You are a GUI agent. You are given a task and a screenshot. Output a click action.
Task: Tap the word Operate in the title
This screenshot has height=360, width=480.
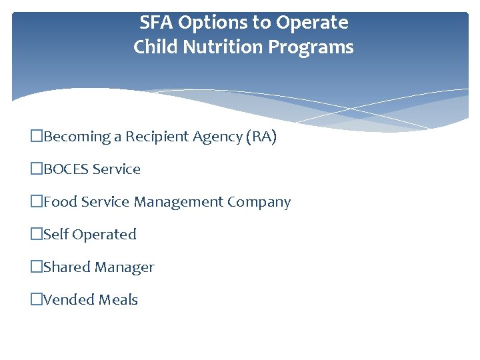coord(312,23)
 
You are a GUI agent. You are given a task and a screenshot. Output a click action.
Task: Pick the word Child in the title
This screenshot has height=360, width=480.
coord(153,48)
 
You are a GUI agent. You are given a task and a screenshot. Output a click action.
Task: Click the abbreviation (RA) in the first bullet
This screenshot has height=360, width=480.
coord(261,137)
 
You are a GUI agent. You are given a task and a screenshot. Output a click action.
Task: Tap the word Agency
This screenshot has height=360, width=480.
coord(217,137)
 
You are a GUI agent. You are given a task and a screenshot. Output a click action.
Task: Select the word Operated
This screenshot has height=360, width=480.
coord(104,235)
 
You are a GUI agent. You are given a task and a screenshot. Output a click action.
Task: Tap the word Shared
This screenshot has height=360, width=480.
coord(67,267)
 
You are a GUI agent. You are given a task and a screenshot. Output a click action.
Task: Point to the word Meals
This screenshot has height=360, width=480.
coord(118,300)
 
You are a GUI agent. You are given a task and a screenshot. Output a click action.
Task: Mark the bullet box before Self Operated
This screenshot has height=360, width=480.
coord(37,235)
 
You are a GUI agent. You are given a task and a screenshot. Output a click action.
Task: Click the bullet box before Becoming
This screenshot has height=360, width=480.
coord(37,137)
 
